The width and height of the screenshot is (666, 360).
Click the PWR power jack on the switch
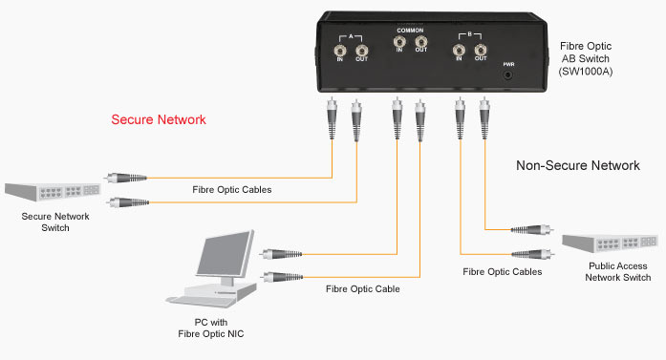click(x=508, y=75)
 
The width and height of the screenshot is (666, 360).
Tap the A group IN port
click(x=340, y=51)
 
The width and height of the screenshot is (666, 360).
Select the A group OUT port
click(x=361, y=51)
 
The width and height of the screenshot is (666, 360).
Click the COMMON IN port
click(x=399, y=42)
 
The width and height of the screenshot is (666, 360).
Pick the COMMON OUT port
click(x=421, y=42)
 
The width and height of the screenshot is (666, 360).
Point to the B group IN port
click(x=459, y=50)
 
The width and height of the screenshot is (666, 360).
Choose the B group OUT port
click(x=481, y=50)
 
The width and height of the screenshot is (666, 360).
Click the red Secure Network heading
click(x=159, y=119)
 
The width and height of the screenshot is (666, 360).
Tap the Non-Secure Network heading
click(x=578, y=165)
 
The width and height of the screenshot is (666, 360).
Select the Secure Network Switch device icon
click(x=53, y=192)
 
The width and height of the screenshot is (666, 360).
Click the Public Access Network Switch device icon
click(x=610, y=243)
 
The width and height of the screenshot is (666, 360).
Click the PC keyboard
click(x=201, y=301)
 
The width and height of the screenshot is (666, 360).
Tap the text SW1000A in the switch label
click(x=586, y=72)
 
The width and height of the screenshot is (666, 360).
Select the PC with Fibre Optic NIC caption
click(x=211, y=328)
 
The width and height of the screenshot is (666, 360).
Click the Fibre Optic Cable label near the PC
click(x=363, y=289)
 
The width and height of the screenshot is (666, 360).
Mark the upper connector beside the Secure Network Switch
click(x=126, y=178)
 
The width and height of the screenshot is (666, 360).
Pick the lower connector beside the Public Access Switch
click(x=532, y=254)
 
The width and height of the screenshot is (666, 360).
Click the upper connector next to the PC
click(x=281, y=254)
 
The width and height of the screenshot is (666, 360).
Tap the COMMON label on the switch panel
click(x=410, y=31)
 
